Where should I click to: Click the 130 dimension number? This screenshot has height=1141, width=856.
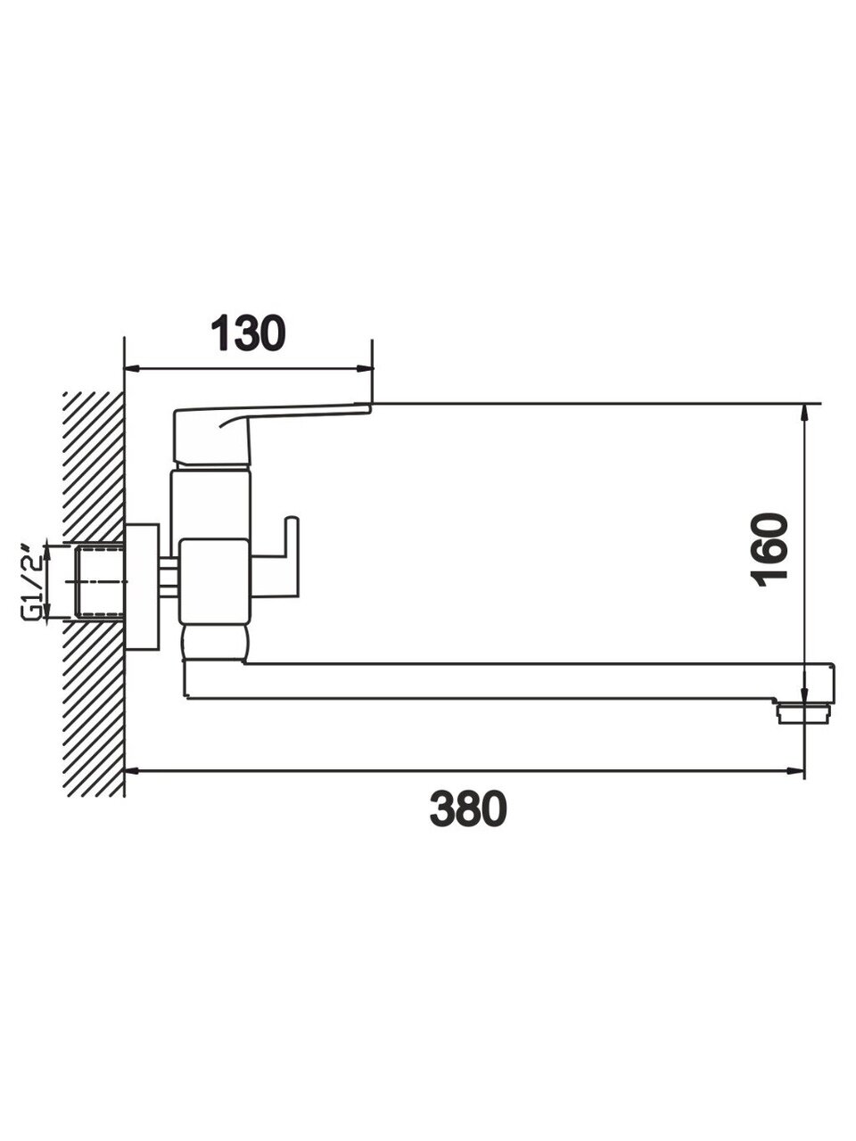click(248, 333)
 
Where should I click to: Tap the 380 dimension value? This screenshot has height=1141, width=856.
click(468, 809)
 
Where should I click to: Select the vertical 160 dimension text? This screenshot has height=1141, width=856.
click(770, 549)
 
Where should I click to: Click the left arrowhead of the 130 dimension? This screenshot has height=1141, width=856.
click(133, 369)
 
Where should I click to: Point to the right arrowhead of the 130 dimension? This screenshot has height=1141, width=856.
click(366, 369)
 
